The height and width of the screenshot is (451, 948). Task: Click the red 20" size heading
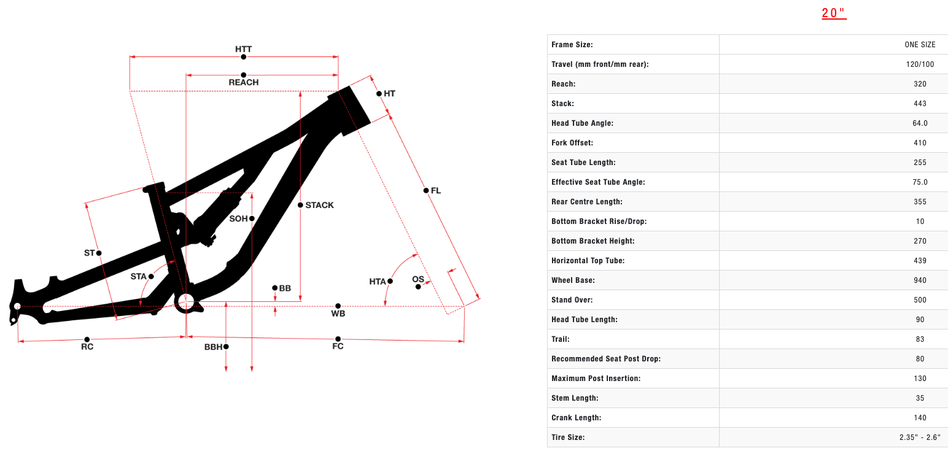pyautogui.click(x=834, y=13)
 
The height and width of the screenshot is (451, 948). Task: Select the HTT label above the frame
pyautogui.click(x=243, y=49)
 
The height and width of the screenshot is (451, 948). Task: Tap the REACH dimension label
pyautogui.click(x=243, y=82)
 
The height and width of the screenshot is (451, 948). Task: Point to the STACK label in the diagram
pyautogui.click(x=319, y=205)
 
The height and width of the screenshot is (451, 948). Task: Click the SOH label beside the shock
pyautogui.click(x=238, y=218)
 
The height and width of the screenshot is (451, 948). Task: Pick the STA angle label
pyautogui.click(x=138, y=277)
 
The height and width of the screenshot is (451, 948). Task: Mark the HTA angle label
pyautogui.click(x=378, y=282)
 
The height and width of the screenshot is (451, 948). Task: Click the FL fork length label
pyautogui.click(x=436, y=191)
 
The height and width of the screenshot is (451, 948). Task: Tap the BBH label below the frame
pyautogui.click(x=213, y=347)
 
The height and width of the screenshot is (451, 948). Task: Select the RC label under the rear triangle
pyautogui.click(x=87, y=347)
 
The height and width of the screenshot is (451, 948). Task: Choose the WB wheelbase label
pyautogui.click(x=338, y=314)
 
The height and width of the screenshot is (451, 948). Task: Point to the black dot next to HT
pyautogui.click(x=379, y=94)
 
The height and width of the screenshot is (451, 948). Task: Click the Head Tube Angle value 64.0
pyautogui.click(x=920, y=123)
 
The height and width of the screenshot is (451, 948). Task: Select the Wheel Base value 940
pyautogui.click(x=920, y=280)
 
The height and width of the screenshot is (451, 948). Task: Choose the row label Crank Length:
pyautogui.click(x=576, y=418)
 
